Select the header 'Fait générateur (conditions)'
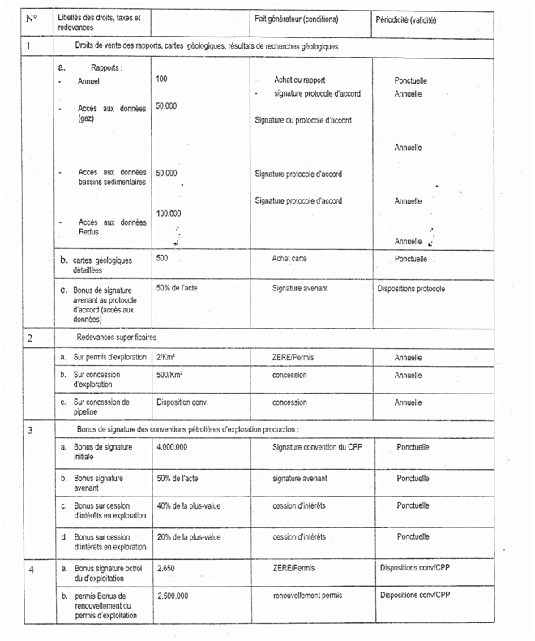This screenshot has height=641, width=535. pos(296,19)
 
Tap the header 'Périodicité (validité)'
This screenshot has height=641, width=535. pos(413,19)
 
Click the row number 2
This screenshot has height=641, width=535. pos(29,338)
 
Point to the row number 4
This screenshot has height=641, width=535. pos(30,570)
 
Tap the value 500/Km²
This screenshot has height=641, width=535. pos(169,376)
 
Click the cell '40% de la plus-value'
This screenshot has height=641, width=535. pos(189,506)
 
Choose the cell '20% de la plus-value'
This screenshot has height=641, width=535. pos(189,537)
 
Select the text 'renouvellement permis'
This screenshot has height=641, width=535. pos(308,596)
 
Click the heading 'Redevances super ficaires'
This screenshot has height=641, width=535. pos(116,337)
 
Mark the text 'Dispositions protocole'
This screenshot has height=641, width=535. pos(411,288)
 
